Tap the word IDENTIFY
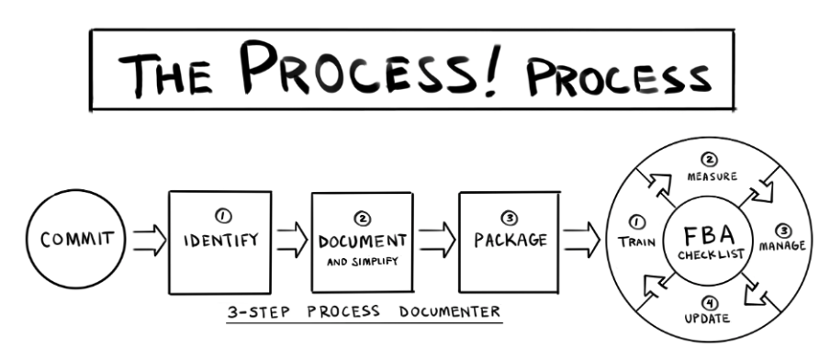221,242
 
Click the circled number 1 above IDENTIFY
222,217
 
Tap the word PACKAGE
510,241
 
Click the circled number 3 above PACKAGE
510,218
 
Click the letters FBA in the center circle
712,232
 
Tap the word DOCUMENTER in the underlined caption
451,310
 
